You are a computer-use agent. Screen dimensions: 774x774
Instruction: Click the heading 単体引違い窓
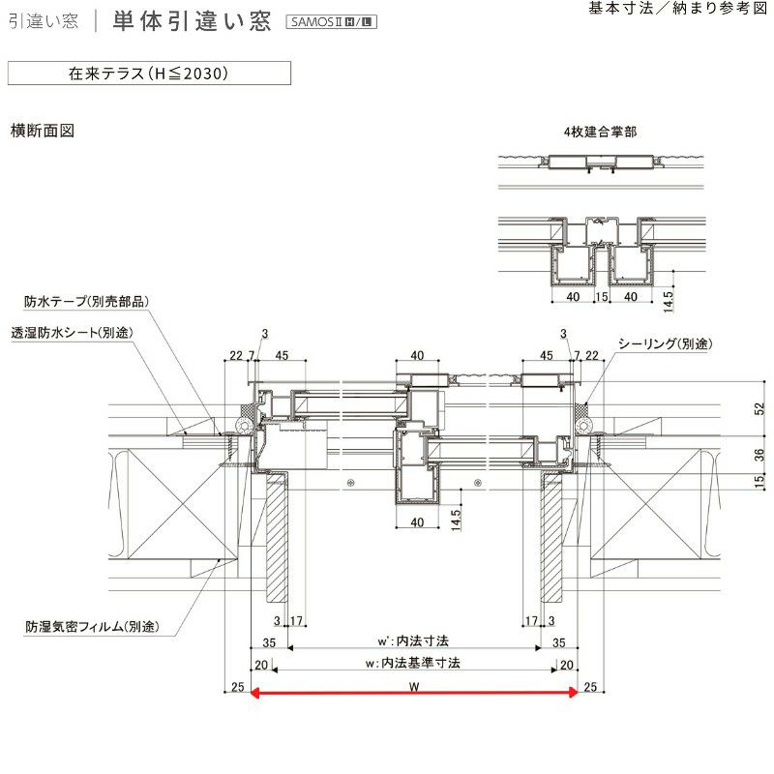click(192, 21)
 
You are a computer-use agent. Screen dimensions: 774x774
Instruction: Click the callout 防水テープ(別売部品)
click(86, 302)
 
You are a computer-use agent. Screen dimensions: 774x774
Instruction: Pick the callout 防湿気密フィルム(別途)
click(92, 628)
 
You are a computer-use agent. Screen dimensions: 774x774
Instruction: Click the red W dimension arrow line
click(414, 692)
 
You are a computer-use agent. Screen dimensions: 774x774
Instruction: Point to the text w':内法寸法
click(413, 641)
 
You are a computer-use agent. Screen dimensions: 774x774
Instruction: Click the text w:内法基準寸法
click(413, 664)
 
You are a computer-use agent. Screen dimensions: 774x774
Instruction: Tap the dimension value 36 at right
click(759, 455)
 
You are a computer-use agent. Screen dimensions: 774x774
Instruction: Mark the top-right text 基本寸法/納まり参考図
click(677, 8)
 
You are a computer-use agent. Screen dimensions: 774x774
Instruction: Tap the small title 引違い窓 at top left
click(44, 22)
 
